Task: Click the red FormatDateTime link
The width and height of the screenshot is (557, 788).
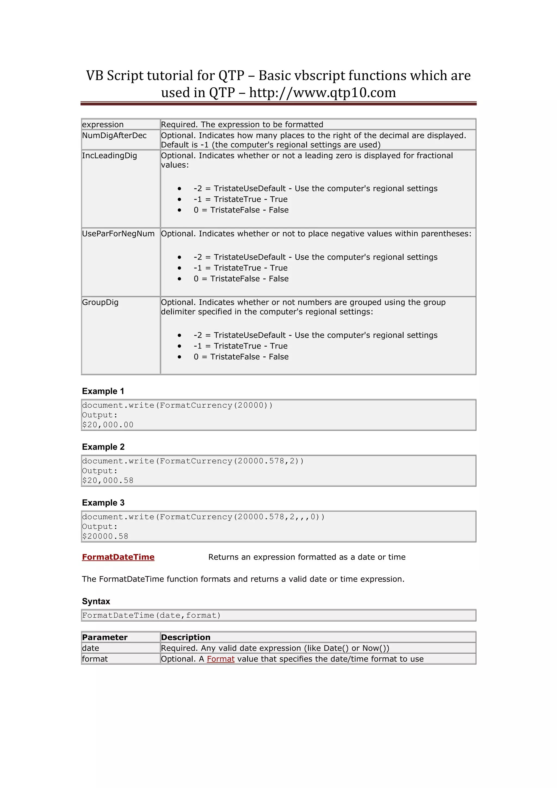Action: click(118, 557)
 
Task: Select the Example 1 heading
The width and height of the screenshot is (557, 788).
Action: click(103, 391)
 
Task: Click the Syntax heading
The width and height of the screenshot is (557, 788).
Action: click(96, 601)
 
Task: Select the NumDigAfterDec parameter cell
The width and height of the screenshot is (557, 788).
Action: click(114, 135)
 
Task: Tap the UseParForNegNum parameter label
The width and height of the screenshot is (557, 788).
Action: click(118, 233)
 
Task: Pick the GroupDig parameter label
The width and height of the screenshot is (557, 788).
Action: click(100, 302)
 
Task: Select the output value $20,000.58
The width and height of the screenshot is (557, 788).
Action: click(108, 480)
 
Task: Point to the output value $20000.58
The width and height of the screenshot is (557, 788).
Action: click(105, 536)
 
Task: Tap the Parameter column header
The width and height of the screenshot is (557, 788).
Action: click(105, 637)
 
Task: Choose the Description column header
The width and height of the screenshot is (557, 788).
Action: click(185, 637)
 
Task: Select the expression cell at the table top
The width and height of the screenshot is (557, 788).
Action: click(103, 124)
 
